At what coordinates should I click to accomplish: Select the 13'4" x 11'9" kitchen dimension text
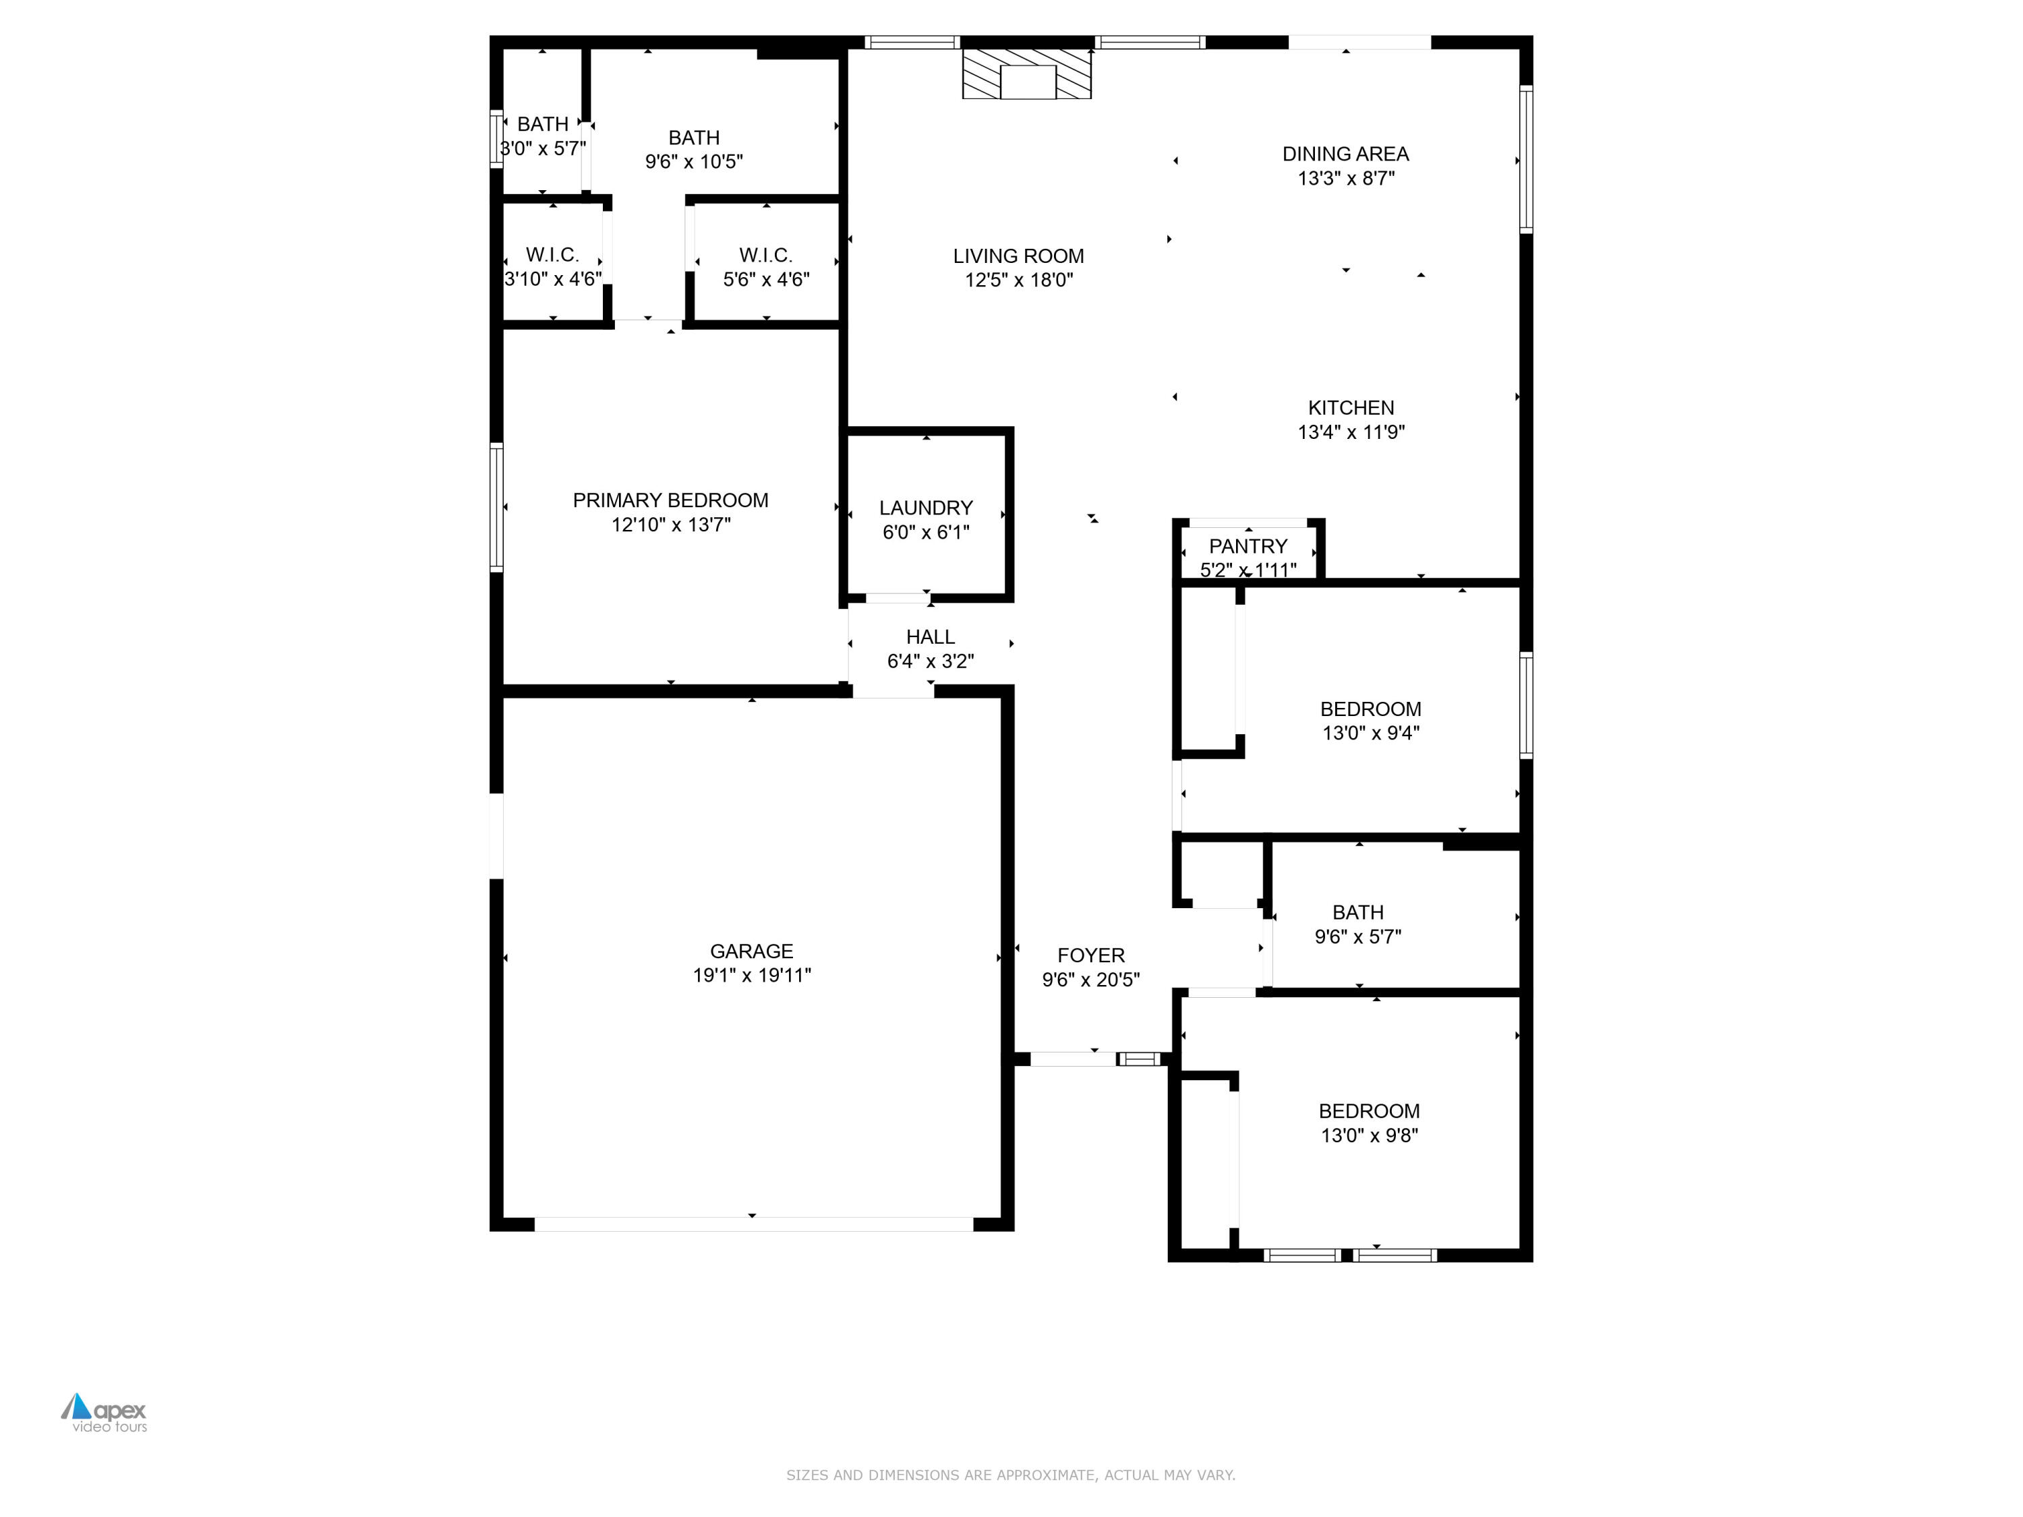(x=1350, y=432)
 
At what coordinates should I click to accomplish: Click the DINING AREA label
(x=1345, y=154)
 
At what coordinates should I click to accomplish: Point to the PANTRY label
(x=1248, y=546)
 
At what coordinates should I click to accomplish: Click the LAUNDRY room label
(x=926, y=508)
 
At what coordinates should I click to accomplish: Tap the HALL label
(x=930, y=636)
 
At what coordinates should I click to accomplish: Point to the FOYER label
(x=1090, y=955)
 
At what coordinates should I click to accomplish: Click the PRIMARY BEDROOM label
(x=670, y=500)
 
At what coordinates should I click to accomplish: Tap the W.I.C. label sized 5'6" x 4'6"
(x=765, y=255)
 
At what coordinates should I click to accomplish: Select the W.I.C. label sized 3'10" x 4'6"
(x=552, y=254)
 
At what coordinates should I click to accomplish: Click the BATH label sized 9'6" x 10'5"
(x=693, y=137)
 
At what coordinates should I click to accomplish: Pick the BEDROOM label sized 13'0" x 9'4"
(x=1370, y=709)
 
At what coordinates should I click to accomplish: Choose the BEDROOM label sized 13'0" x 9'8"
(x=1368, y=1111)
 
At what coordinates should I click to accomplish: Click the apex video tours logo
(x=105, y=1412)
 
